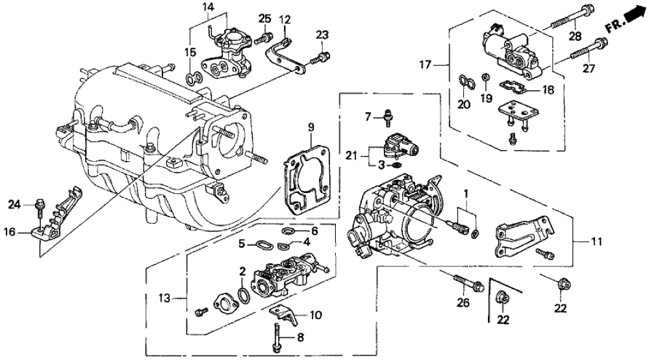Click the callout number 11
click(595, 242)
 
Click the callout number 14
click(209, 7)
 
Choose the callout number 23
click(322, 34)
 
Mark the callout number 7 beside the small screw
click(367, 116)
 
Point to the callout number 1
click(466, 193)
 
